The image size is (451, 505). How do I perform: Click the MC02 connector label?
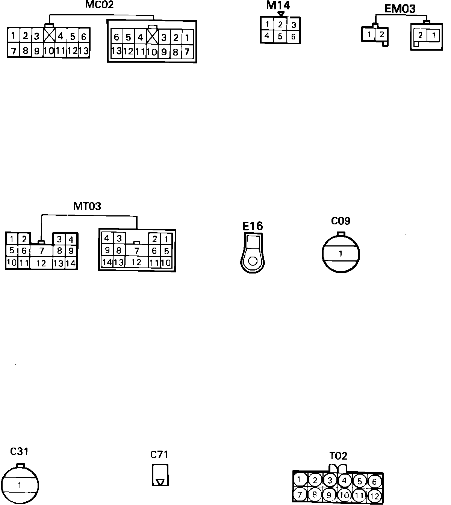pos(99,5)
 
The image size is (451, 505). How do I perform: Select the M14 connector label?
pos(278,5)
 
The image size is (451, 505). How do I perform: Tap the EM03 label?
pos(400,9)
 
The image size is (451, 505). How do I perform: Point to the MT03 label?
pos(87,206)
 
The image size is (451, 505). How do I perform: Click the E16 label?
pos(253,226)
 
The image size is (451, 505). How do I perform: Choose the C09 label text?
pos(341,221)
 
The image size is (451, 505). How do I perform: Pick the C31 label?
pos(19,451)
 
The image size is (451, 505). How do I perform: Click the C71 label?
pos(159,455)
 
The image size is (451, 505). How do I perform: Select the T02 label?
pos(338,456)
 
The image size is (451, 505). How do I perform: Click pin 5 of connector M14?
pos(280,37)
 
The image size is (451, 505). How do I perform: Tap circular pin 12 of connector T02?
pos(374,496)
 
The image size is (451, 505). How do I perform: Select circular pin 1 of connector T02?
pos(300,479)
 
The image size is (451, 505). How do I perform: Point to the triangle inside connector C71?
pos(160,481)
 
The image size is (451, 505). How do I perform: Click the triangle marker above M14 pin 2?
pos(280,14)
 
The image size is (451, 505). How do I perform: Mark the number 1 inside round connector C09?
pos(341,254)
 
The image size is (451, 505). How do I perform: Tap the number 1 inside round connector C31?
pos(20,485)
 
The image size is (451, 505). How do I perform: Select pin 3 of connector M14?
pos(294,25)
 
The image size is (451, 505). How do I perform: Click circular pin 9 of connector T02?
pos(329,495)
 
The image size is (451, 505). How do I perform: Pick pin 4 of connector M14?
pos(267,36)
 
